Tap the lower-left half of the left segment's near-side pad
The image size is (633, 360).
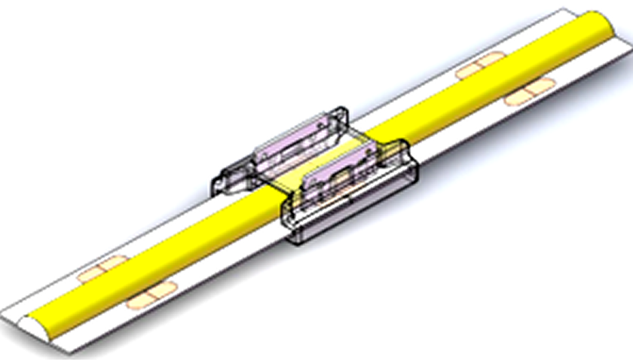[140, 302]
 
